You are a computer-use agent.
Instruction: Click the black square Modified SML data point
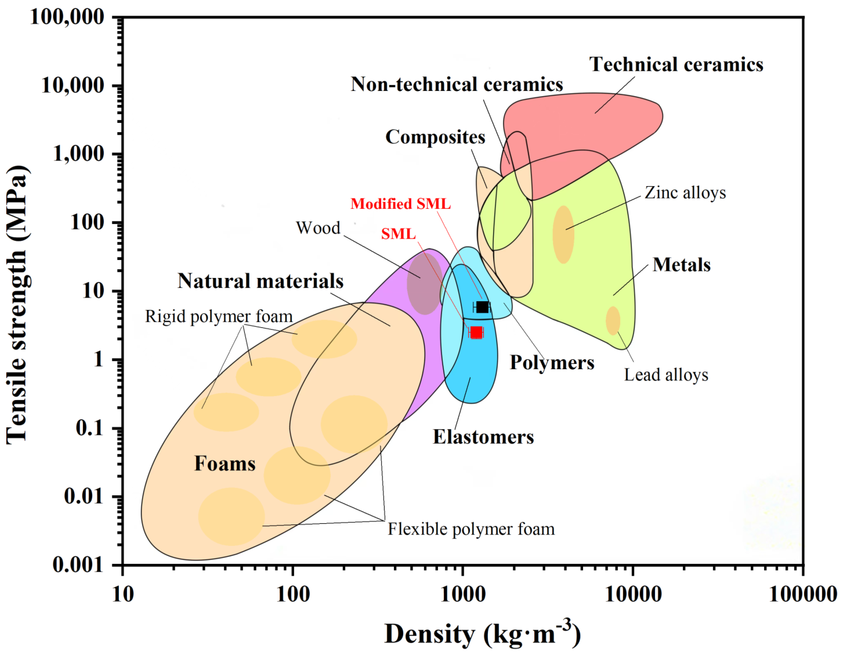482,307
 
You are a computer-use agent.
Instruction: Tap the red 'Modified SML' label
400,204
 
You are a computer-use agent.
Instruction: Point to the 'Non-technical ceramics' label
457,84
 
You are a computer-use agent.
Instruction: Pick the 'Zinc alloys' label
685,193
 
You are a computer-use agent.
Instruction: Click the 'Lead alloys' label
666,375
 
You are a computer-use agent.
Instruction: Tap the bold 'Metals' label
682,265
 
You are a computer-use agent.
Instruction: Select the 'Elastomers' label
483,437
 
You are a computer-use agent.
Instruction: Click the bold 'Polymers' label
552,362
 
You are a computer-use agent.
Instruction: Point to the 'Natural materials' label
260,281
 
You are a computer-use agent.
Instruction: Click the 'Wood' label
318,228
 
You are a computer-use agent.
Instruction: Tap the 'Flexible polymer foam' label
471,529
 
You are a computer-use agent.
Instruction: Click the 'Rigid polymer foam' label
219,317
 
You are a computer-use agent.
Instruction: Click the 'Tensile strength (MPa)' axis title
17,304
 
